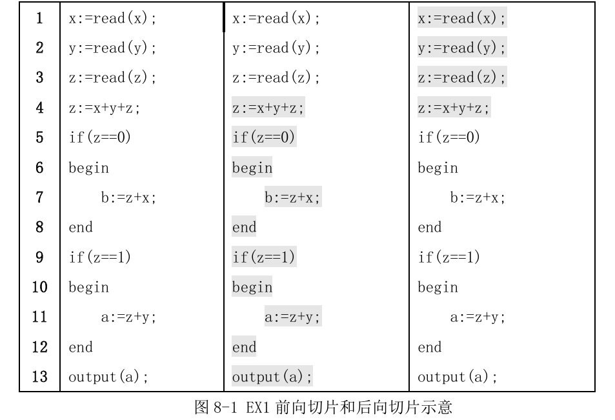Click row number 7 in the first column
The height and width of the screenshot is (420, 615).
[x=40, y=197]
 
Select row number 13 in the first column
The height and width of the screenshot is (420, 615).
[x=40, y=377]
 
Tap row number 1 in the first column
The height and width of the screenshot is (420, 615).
[x=40, y=19]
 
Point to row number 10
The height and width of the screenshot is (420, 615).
[x=40, y=287]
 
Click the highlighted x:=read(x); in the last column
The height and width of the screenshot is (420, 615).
[x=462, y=19]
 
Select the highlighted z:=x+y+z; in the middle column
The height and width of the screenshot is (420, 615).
[x=268, y=108]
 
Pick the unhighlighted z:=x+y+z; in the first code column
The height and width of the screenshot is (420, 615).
[x=105, y=108]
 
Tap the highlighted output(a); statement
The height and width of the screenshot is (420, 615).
[x=272, y=377]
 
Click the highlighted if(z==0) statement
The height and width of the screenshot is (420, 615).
[x=264, y=138]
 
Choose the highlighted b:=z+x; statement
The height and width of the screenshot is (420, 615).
[x=292, y=198]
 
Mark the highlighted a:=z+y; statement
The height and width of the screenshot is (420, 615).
[x=292, y=317]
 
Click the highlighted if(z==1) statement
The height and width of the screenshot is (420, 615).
[x=264, y=257]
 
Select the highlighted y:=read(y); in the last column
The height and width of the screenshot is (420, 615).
[x=462, y=48]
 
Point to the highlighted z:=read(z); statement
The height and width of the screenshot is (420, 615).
[x=462, y=78]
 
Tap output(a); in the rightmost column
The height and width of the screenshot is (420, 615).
[x=458, y=377]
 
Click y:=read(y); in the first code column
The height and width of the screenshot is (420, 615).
[x=112, y=48]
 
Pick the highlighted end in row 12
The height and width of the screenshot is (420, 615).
[x=244, y=347]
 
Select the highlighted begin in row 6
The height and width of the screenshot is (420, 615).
[x=252, y=168]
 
